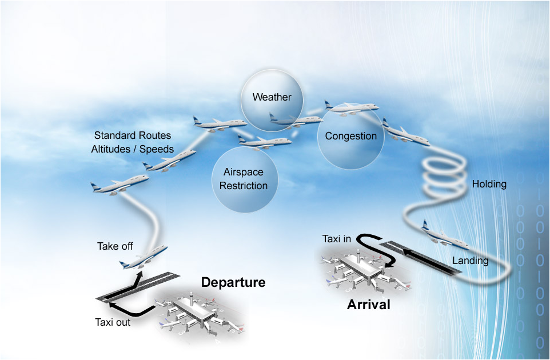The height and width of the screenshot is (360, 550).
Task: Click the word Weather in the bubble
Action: [272, 97]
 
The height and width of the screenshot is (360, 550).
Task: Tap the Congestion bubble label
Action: [350, 136]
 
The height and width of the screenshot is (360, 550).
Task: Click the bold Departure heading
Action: [233, 282]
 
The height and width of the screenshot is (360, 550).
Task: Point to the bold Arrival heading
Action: [368, 305]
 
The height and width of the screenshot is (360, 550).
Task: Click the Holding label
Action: [489, 184]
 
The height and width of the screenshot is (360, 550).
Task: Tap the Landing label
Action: [470, 261]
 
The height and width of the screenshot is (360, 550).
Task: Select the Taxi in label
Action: [337, 239]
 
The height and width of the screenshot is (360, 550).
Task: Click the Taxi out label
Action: [113, 322]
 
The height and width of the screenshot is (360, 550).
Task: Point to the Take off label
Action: [115, 246]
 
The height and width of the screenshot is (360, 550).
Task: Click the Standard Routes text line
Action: [133, 136]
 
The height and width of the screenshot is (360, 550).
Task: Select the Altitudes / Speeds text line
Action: [133, 149]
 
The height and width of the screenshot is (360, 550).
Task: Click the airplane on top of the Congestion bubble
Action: [351, 107]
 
